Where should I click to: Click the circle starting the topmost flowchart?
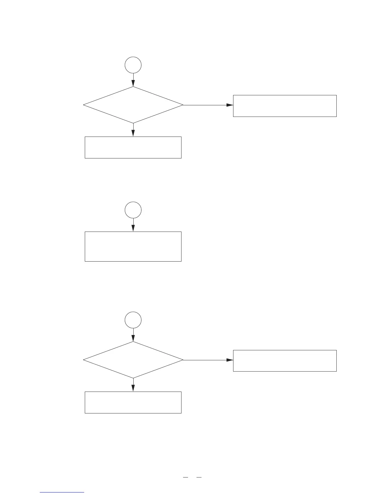[x=133, y=65]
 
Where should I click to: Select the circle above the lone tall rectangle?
[x=133, y=210]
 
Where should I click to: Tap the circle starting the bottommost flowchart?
[x=133, y=320]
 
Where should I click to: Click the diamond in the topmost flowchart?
[x=133, y=105]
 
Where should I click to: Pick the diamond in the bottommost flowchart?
[x=133, y=360]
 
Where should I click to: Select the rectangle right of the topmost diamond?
[x=285, y=106]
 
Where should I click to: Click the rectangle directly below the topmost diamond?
[x=133, y=147]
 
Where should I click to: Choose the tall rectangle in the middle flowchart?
[x=133, y=246]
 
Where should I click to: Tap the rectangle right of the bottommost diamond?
[x=285, y=361]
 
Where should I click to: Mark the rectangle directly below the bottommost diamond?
[x=133, y=402]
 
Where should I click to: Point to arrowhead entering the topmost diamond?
[x=133, y=83]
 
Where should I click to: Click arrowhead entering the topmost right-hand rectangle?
[x=230, y=105]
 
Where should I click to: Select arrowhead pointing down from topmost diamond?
[x=133, y=133]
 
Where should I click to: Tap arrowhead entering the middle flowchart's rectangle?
[x=133, y=228]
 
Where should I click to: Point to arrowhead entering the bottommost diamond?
[x=133, y=338]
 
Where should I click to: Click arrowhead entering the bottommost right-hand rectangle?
[x=230, y=360]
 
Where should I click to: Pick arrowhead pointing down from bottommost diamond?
[x=133, y=388]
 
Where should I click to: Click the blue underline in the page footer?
[x=62, y=492]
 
